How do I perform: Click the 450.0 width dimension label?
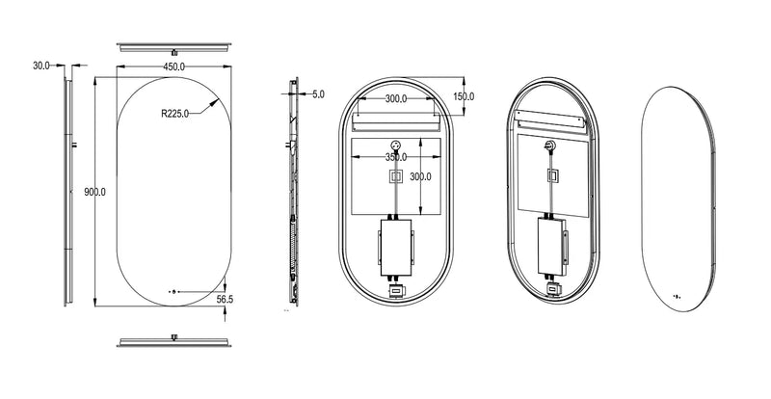[x=174, y=66]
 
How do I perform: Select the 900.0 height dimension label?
[x=94, y=192]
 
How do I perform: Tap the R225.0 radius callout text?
[x=174, y=114]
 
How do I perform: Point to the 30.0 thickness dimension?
[x=41, y=65]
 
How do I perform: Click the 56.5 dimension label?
[x=225, y=299]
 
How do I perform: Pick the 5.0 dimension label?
[x=318, y=94]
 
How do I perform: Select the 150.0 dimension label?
[x=464, y=96]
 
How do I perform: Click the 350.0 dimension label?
[x=396, y=157]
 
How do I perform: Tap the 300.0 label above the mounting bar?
[x=396, y=98]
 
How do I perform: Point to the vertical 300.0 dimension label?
[x=420, y=176]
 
